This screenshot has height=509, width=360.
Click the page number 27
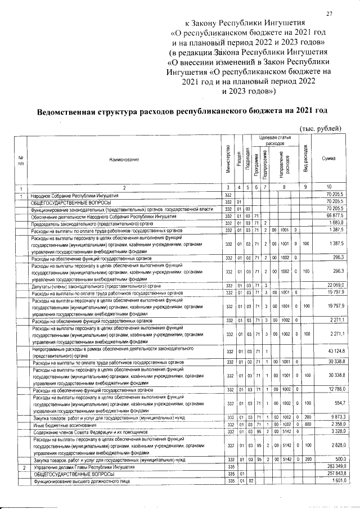point(330,14)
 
